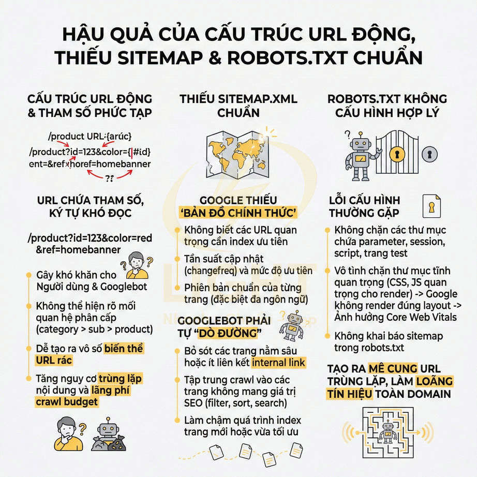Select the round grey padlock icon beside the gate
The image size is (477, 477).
coord(429,154)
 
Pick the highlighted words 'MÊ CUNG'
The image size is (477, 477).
coord(393,368)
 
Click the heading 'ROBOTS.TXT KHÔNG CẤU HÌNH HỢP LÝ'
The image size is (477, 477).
coord(387,106)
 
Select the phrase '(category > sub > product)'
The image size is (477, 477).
coord(95,329)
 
